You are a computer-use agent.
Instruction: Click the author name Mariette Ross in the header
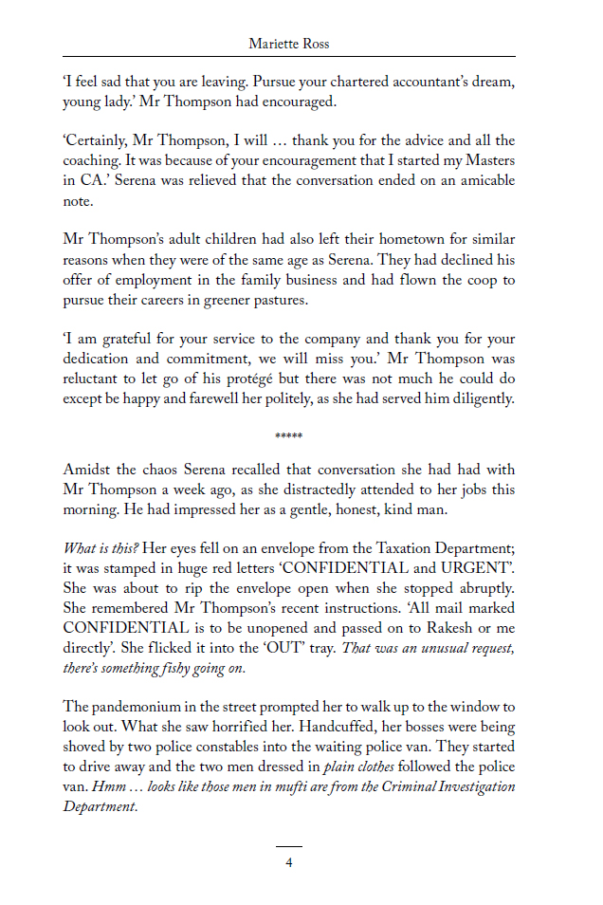[288, 44]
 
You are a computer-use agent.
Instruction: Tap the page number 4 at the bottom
[289, 862]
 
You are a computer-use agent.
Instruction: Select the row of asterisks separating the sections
[288, 436]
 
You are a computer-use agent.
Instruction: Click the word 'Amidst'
[85, 471]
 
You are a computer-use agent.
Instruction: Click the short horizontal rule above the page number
[289, 846]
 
